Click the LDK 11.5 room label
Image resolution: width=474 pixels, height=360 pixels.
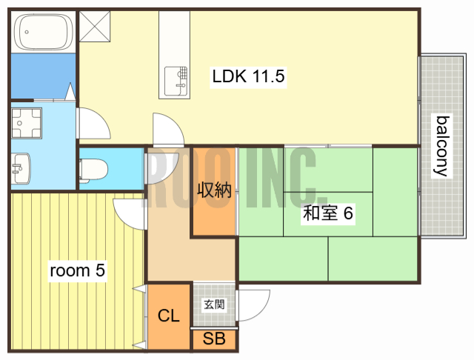pyautogui.click(x=248, y=76)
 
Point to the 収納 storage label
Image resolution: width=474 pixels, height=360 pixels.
pyautogui.click(x=214, y=190)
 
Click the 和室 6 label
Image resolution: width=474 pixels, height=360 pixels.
pyautogui.click(x=327, y=214)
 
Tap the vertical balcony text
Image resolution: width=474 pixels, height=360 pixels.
pyautogui.click(x=442, y=145)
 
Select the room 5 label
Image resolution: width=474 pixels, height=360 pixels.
pyautogui.click(x=77, y=270)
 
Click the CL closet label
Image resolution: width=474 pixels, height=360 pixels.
pyautogui.click(x=168, y=316)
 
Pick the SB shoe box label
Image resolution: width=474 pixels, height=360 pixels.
pyautogui.click(x=214, y=340)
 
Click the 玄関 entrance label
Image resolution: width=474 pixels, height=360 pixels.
pyautogui.click(x=214, y=304)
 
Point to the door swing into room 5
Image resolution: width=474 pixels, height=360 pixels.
pyautogui.click(x=129, y=213)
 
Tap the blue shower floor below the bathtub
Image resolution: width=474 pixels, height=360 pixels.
pyautogui.click(x=42, y=75)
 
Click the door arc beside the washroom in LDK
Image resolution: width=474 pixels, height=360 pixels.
pyautogui.click(x=93, y=123)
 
